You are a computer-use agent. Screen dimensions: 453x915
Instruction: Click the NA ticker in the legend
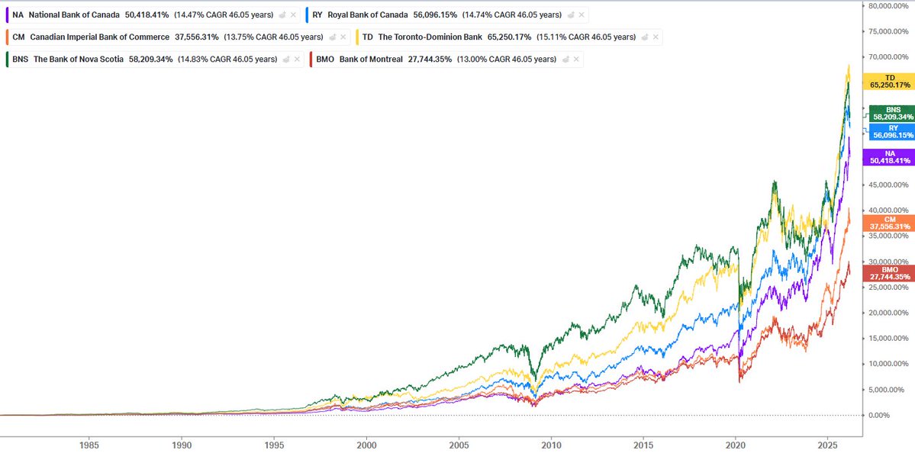click(x=18, y=14)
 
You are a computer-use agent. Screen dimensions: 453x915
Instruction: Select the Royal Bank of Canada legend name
click(x=367, y=14)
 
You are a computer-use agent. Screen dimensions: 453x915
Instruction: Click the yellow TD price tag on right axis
click(x=889, y=82)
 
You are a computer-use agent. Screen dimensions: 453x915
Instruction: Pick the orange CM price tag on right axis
click(x=889, y=223)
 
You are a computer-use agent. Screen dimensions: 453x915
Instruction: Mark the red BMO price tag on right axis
click(x=889, y=273)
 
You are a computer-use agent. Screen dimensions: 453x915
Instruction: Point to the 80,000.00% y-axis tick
click(x=889, y=5)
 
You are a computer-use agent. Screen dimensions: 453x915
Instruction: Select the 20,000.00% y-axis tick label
click(x=889, y=313)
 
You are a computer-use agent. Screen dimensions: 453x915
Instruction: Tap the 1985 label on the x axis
click(x=89, y=444)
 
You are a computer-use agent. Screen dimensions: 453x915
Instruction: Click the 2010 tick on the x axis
click(x=551, y=444)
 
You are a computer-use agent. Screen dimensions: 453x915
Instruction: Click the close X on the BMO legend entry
click(x=575, y=59)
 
